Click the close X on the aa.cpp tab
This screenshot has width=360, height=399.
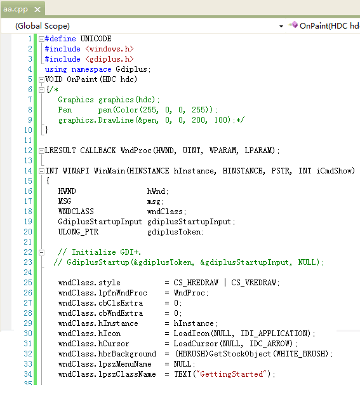(x=37, y=10)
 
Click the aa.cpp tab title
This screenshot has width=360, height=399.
(x=15, y=10)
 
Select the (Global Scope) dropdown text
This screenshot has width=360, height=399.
(x=43, y=26)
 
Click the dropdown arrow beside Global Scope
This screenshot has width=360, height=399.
(x=281, y=26)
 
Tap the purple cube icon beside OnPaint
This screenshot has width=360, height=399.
(x=293, y=25)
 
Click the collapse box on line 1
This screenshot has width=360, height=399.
(x=41, y=39)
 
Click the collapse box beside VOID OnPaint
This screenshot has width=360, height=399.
(x=41, y=79)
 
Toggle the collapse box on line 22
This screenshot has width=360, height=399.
(x=41, y=252)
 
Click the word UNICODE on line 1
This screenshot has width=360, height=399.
(x=96, y=39)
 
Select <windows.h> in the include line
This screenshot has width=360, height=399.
(x=109, y=49)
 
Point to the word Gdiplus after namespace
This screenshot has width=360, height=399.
(x=131, y=69)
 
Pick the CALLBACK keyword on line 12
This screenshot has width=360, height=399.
(x=98, y=151)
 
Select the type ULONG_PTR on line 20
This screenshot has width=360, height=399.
(x=78, y=232)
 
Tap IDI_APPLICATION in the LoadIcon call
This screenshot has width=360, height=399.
(x=276, y=334)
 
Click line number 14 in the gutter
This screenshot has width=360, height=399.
(x=28, y=171)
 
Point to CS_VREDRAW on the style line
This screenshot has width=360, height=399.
(x=253, y=283)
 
